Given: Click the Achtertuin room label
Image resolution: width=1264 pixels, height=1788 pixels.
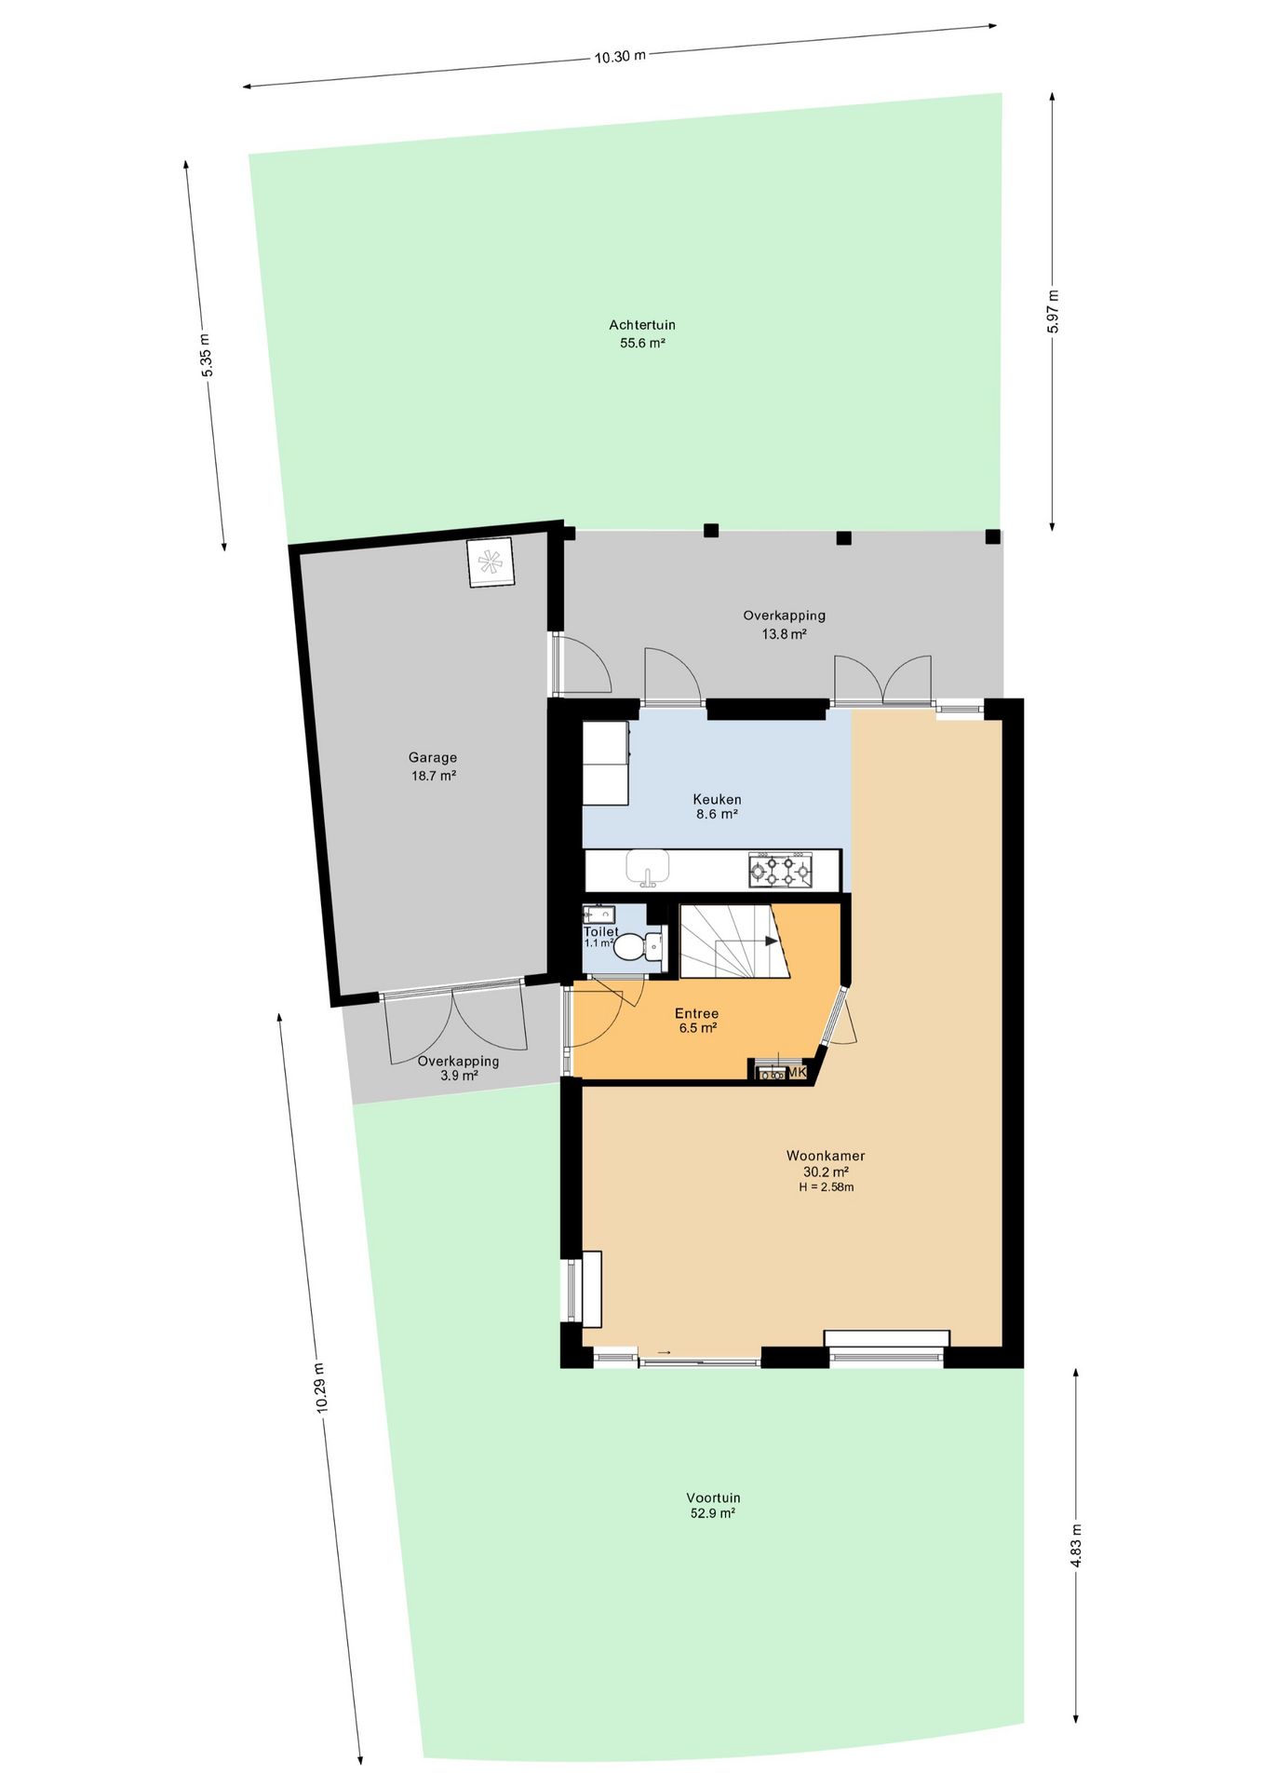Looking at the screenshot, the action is (x=642, y=325).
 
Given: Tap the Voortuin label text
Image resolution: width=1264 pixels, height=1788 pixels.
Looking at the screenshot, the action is (x=713, y=1498).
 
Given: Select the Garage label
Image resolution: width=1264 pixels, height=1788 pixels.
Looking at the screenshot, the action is (x=433, y=758).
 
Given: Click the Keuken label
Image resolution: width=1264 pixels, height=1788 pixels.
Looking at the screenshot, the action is (x=717, y=799).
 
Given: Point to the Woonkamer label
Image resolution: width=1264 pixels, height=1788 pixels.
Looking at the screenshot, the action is (x=826, y=1156).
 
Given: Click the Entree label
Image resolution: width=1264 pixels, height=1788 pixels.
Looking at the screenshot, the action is (x=696, y=1013).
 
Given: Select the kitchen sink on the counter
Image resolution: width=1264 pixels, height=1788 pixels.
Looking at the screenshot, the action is (x=648, y=867).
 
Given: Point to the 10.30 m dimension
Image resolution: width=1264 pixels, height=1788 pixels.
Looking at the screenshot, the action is (x=620, y=56).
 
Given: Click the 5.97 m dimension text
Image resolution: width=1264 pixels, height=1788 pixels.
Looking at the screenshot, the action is (x=1053, y=311).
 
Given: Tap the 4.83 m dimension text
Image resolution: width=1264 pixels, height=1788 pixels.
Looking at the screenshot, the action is (x=1077, y=1546).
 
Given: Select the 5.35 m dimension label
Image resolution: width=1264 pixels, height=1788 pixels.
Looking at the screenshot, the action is (x=206, y=355).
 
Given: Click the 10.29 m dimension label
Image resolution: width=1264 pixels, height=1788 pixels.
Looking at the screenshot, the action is (x=321, y=1388).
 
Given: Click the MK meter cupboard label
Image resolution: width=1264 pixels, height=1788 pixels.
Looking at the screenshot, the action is (x=797, y=1073).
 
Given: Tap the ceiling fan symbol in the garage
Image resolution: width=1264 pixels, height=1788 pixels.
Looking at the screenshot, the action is (x=490, y=562).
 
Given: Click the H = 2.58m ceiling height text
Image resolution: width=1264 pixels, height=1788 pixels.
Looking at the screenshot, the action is (x=826, y=1187).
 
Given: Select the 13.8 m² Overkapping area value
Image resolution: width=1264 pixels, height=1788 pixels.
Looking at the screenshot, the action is (x=784, y=634).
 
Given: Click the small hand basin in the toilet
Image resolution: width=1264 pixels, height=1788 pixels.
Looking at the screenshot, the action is (x=598, y=914).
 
